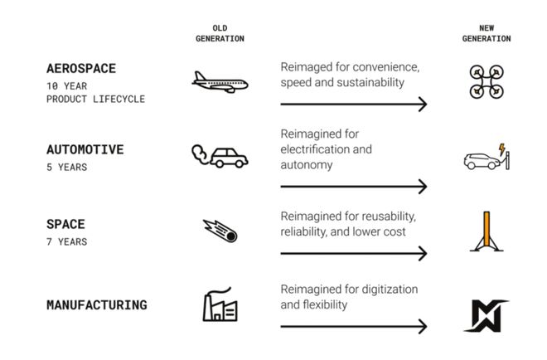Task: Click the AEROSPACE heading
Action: click(80, 69)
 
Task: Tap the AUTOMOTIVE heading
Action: click(85, 150)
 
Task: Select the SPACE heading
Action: click(65, 224)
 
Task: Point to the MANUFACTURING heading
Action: click(97, 304)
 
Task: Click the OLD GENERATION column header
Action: click(220, 33)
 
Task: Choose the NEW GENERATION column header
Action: click(486, 33)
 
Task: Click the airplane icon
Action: click(220, 81)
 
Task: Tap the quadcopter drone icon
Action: click(486, 80)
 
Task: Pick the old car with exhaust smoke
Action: click(220, 155)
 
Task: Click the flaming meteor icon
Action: click(220, 230)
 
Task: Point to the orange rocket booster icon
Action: click(486, 231)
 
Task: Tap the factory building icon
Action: click(220, 305)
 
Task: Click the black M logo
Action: click(486, 315)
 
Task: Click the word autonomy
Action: click(306, 164)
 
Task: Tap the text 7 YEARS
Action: click(66, 241)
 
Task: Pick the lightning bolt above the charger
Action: click(501, 149)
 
